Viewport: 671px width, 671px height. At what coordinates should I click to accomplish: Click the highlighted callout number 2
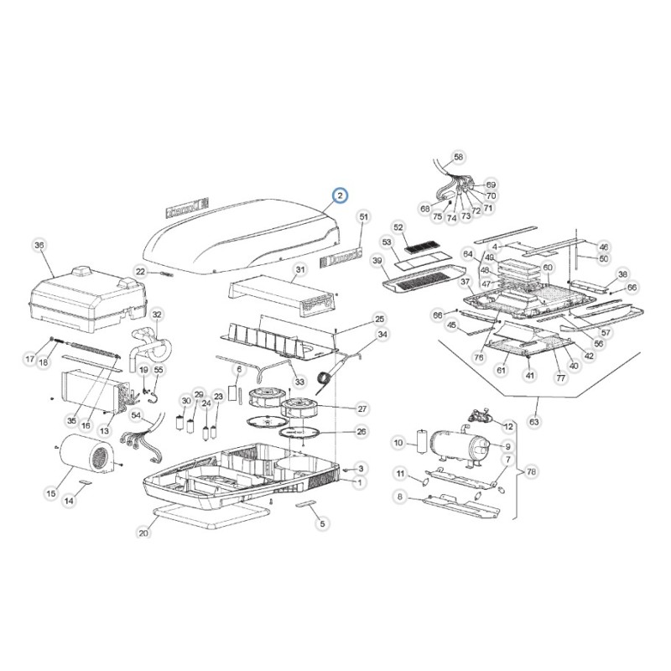(x=340, y=196)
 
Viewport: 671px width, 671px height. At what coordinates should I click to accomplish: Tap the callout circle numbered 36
(x=38, y=246)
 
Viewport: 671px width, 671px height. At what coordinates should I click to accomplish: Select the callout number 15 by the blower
(x=51, y=494)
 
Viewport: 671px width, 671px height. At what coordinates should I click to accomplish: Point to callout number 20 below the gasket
(x=143, y=533)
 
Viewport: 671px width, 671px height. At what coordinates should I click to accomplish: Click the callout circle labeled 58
(x=458, y=157)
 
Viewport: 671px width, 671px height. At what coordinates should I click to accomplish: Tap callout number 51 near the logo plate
(x=363, y=217)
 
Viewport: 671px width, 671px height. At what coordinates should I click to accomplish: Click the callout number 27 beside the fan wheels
(x=362, y=408)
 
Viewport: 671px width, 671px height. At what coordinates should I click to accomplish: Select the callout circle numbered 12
(x=508, y=403)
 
